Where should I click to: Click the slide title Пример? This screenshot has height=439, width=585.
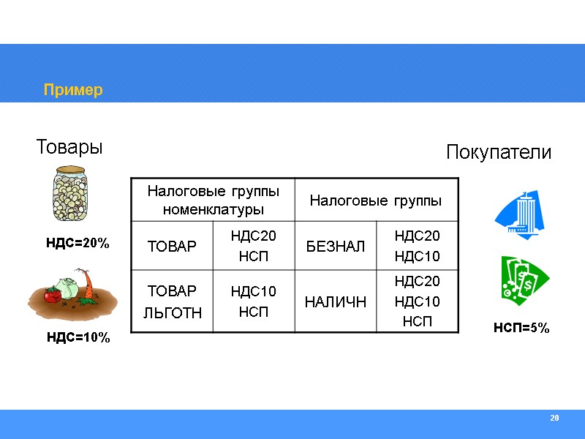(73, 90)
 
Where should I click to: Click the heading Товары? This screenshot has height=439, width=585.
(69, 147)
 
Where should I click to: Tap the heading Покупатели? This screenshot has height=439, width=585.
(498, 153)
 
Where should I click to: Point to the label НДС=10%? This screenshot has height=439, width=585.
(78, 337)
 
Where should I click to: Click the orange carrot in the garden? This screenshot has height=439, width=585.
(88, 286)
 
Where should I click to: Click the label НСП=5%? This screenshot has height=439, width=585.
(521, 329)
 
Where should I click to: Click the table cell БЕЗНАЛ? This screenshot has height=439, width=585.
(335, 246)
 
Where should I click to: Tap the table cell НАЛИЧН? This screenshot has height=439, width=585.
(336, 301)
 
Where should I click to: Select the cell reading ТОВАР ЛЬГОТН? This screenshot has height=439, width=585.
(173, 301)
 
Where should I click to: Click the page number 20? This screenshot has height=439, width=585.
(554, 418)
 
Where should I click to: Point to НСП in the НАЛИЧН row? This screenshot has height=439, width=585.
(417, 321)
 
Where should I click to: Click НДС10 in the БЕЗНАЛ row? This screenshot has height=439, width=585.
(417, 256)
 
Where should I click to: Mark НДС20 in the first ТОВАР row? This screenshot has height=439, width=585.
(253, 236)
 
